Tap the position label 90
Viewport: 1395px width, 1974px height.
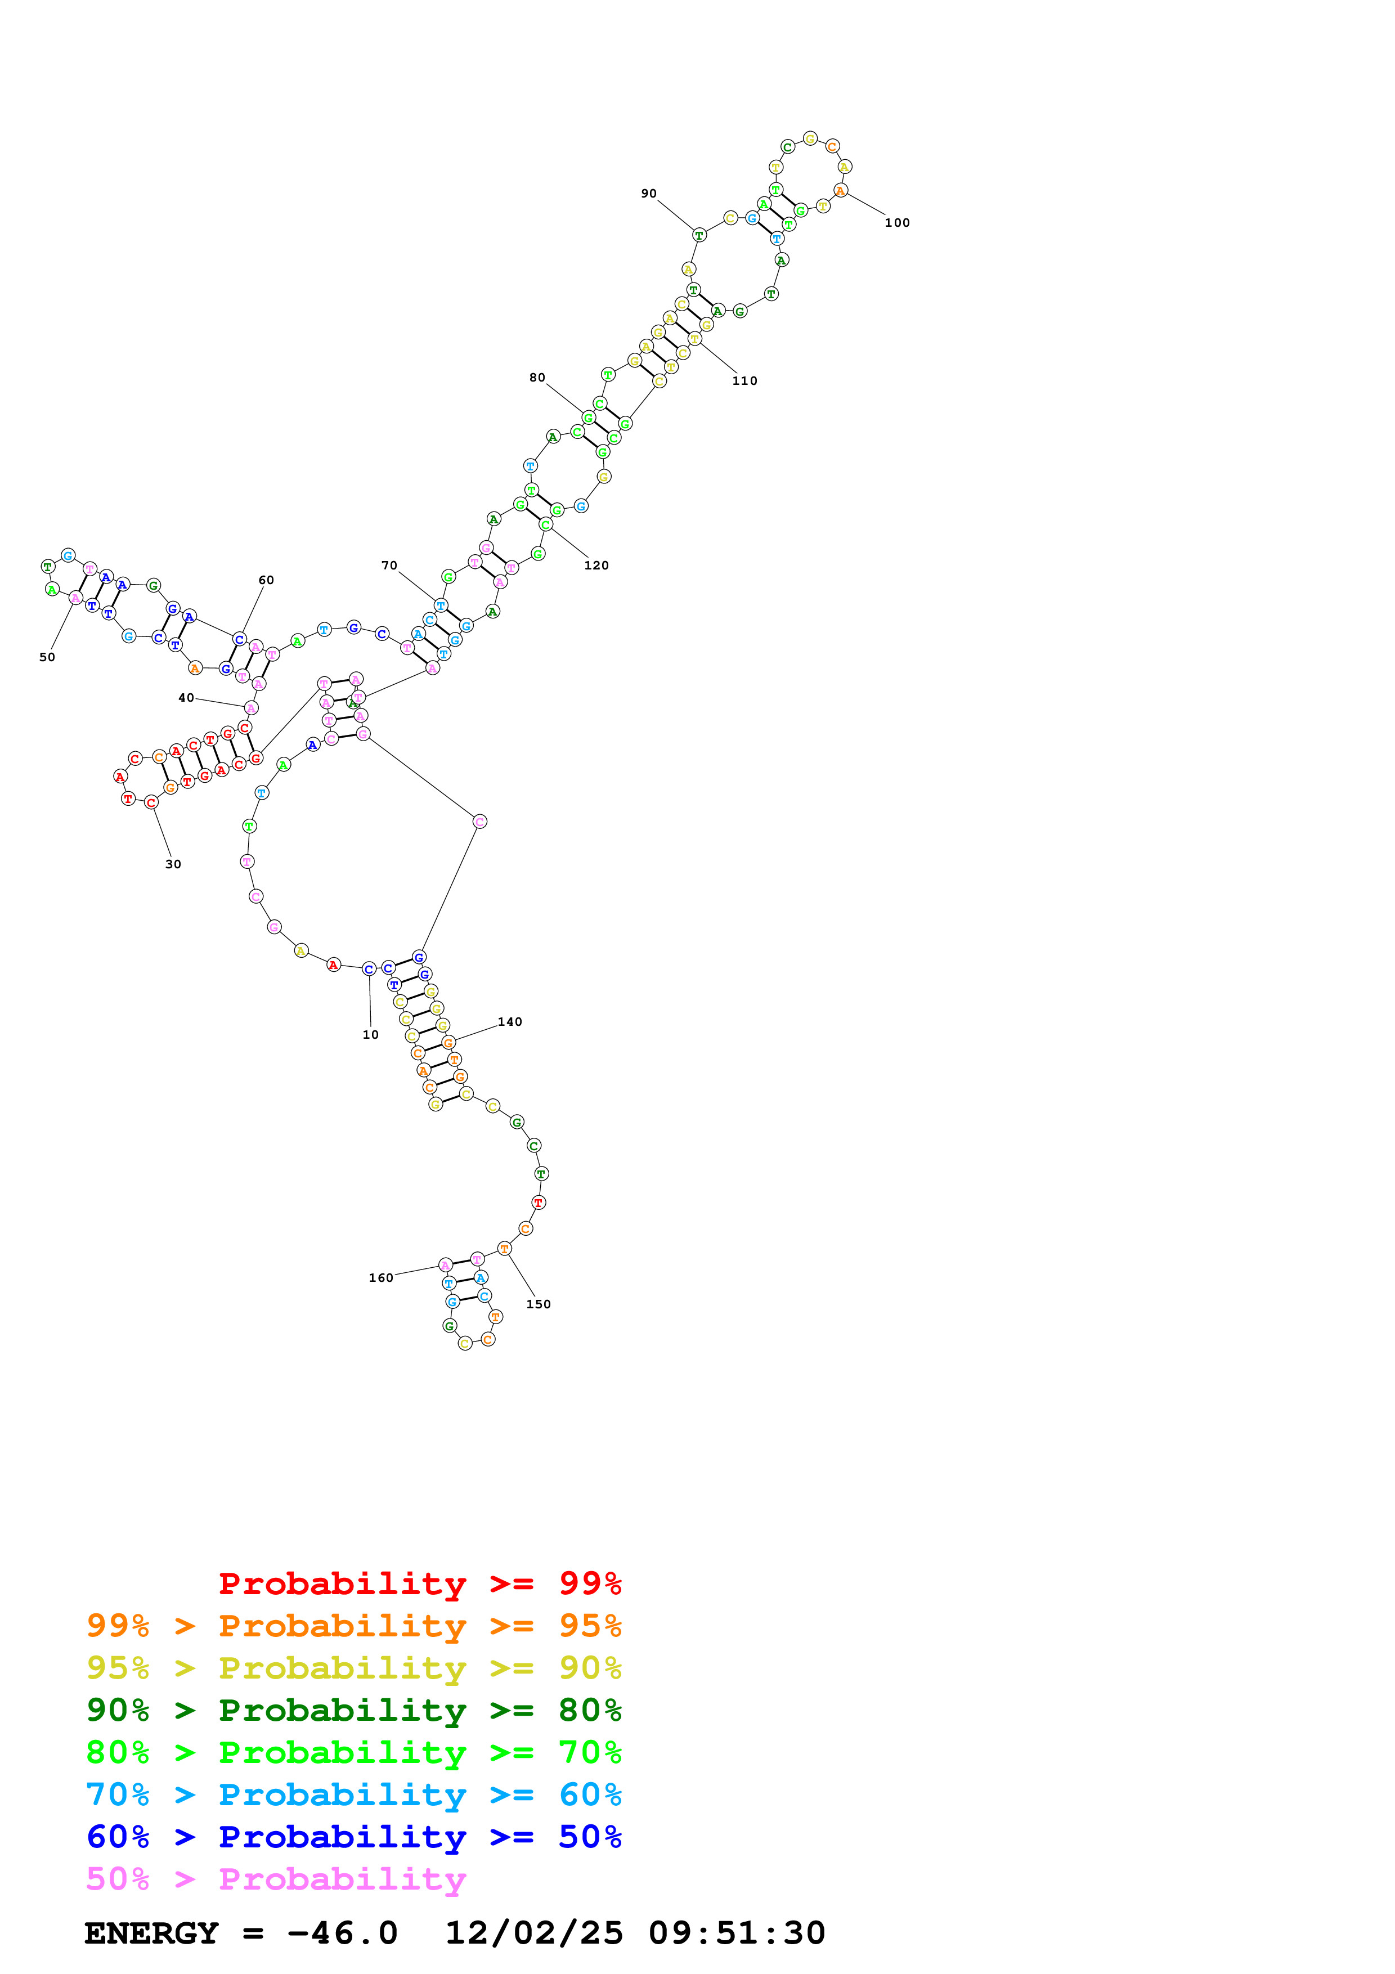tap(648, 194)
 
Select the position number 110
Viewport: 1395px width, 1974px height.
tap(744, 381)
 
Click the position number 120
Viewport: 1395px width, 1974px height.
tap(596, 565)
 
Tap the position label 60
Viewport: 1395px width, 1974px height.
tap(266, 580)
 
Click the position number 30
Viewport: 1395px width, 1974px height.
tap(173, 864)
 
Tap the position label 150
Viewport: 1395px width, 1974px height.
tap(538, 1304)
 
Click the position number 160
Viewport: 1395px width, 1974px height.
tap(381, 1277)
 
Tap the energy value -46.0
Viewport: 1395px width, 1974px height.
tap(342, 1933)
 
